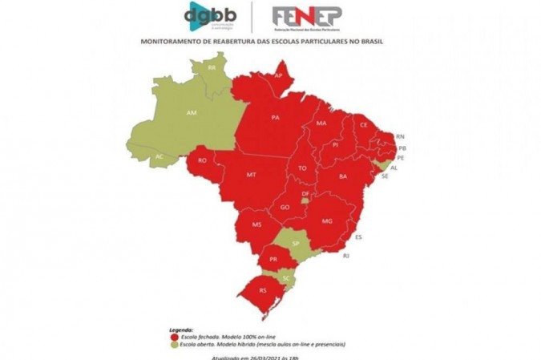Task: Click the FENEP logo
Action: click(x=307, y=16)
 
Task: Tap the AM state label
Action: click(x=192, y=113)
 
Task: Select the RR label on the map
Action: click(x=212, y=68)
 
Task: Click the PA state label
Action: click(x=275, y=118)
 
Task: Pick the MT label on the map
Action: click(x=252, y=174)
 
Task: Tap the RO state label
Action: click(x=202, y=160)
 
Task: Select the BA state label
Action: click(x=343, y=176)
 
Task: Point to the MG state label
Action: click(x=327, y=220)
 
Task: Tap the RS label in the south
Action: click(x=263, y=290)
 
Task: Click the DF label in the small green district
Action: click(x=305, y=194)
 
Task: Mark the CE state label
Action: click(x=363, y=125)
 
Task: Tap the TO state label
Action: click(x=302, y=168)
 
